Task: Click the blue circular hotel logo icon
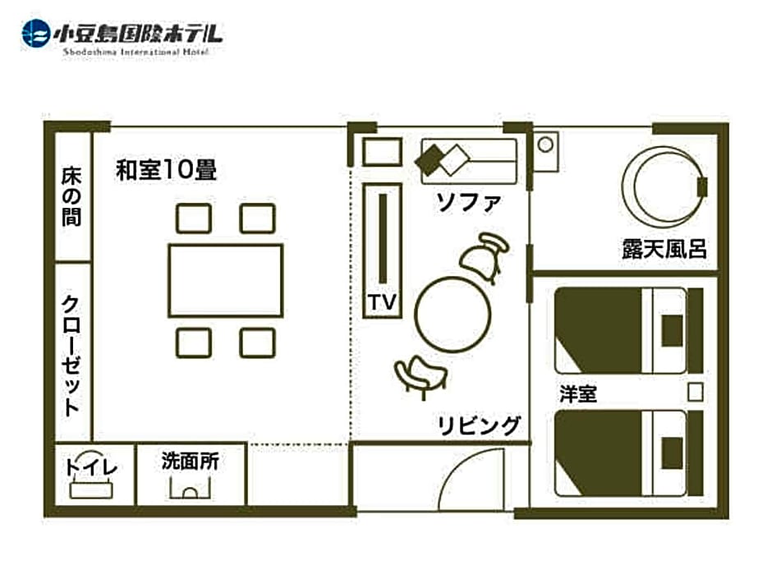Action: click(x=36, y=34)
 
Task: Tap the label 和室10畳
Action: click(x=167, y=170)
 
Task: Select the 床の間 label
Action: click(x=72, y=197)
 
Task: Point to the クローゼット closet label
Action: click(x=71, y=356)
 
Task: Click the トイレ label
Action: click(x=92, y=467)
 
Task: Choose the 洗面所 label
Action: click(x=190, y=462)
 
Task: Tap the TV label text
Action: click(x=382, y=301)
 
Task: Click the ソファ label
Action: click(x=469, y=202)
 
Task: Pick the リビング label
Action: click(x=479, y=425)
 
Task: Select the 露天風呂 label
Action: click(x=664, y=249)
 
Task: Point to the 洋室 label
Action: click(x=578, y=394)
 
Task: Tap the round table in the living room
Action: click(x=453, y=315)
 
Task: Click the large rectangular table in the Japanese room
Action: click(x=226, y=280)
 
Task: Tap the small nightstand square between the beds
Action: click(x=695, y=393)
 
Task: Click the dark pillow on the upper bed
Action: click(x=672, y=330)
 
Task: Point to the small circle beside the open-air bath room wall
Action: click(x=545, y=145)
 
